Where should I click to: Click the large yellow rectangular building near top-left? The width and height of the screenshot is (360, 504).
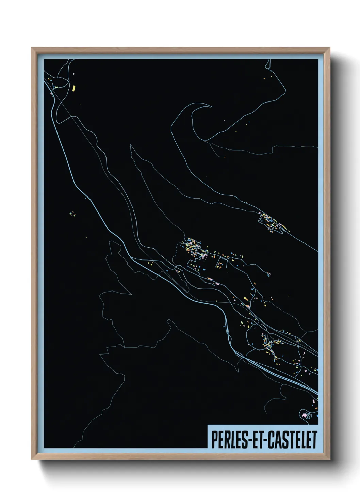(x=73, y=89)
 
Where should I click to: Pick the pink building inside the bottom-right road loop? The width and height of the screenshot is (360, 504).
(x=304, y=415)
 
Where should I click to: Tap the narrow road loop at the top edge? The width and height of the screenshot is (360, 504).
(x=268, y=64)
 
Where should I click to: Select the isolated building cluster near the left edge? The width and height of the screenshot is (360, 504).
(x=72, y=214)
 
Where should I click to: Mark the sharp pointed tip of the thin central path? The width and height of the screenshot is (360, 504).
(x=131, y=145)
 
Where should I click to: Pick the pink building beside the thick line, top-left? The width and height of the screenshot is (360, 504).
(x=51, y=92)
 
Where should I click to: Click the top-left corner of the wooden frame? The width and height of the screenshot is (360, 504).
(x=32, y=48)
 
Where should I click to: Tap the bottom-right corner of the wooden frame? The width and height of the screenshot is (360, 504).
(x=329, y=459)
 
